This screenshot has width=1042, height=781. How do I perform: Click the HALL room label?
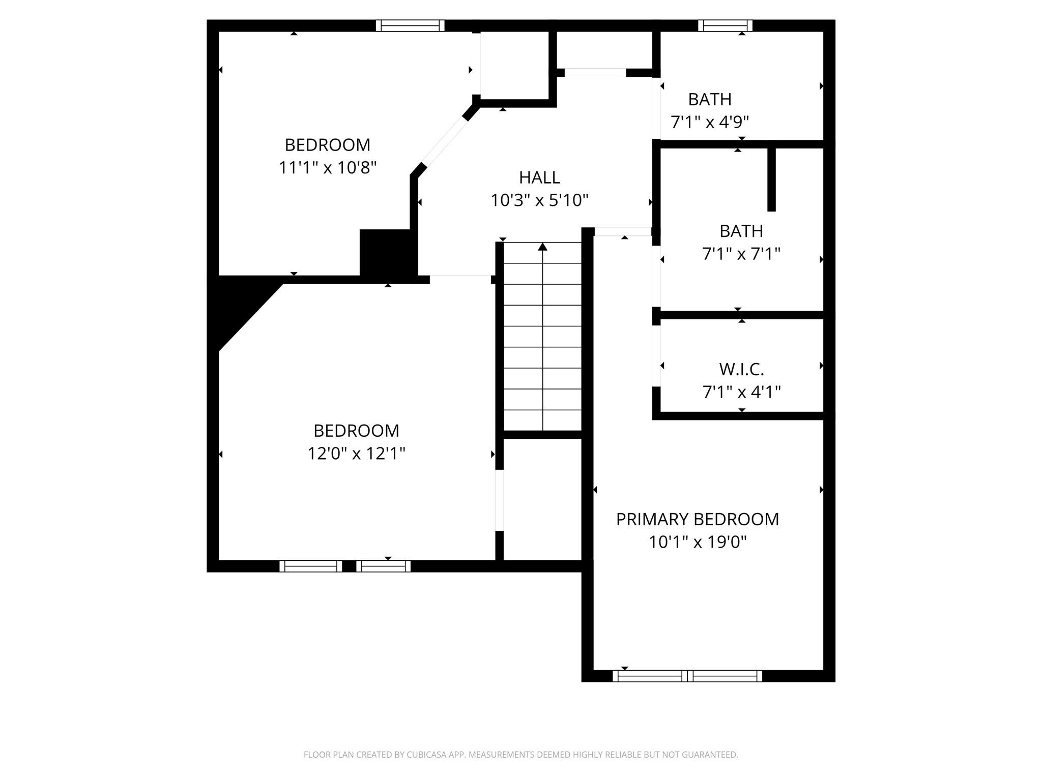tap(539, 177)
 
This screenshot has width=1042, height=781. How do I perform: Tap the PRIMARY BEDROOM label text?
tap(698, 519)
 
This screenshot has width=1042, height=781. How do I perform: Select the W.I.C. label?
tap(741, 369)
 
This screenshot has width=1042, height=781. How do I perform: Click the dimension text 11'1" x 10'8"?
tap(328, 167)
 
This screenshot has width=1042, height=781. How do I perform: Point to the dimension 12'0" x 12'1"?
tap(356, 453)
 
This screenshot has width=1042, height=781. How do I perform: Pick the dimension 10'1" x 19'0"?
tap(698, 542)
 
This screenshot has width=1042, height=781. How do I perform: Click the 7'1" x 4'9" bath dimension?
tap(710, 122)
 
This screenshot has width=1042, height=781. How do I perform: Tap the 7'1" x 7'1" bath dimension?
tap(741, 254)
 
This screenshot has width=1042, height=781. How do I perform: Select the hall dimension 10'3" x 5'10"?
tap(539, 200)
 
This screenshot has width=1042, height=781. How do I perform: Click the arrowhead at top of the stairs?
tap(543, 247)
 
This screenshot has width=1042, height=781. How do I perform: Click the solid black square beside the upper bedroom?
tap(385, 253)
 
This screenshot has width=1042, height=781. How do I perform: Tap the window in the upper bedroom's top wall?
tap(410, 25)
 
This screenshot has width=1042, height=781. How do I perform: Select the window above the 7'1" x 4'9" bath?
tap(725, 25)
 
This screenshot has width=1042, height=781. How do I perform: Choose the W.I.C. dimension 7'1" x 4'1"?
tap(741, 392)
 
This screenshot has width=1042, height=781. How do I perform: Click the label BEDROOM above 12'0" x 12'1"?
tap(356, 431)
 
